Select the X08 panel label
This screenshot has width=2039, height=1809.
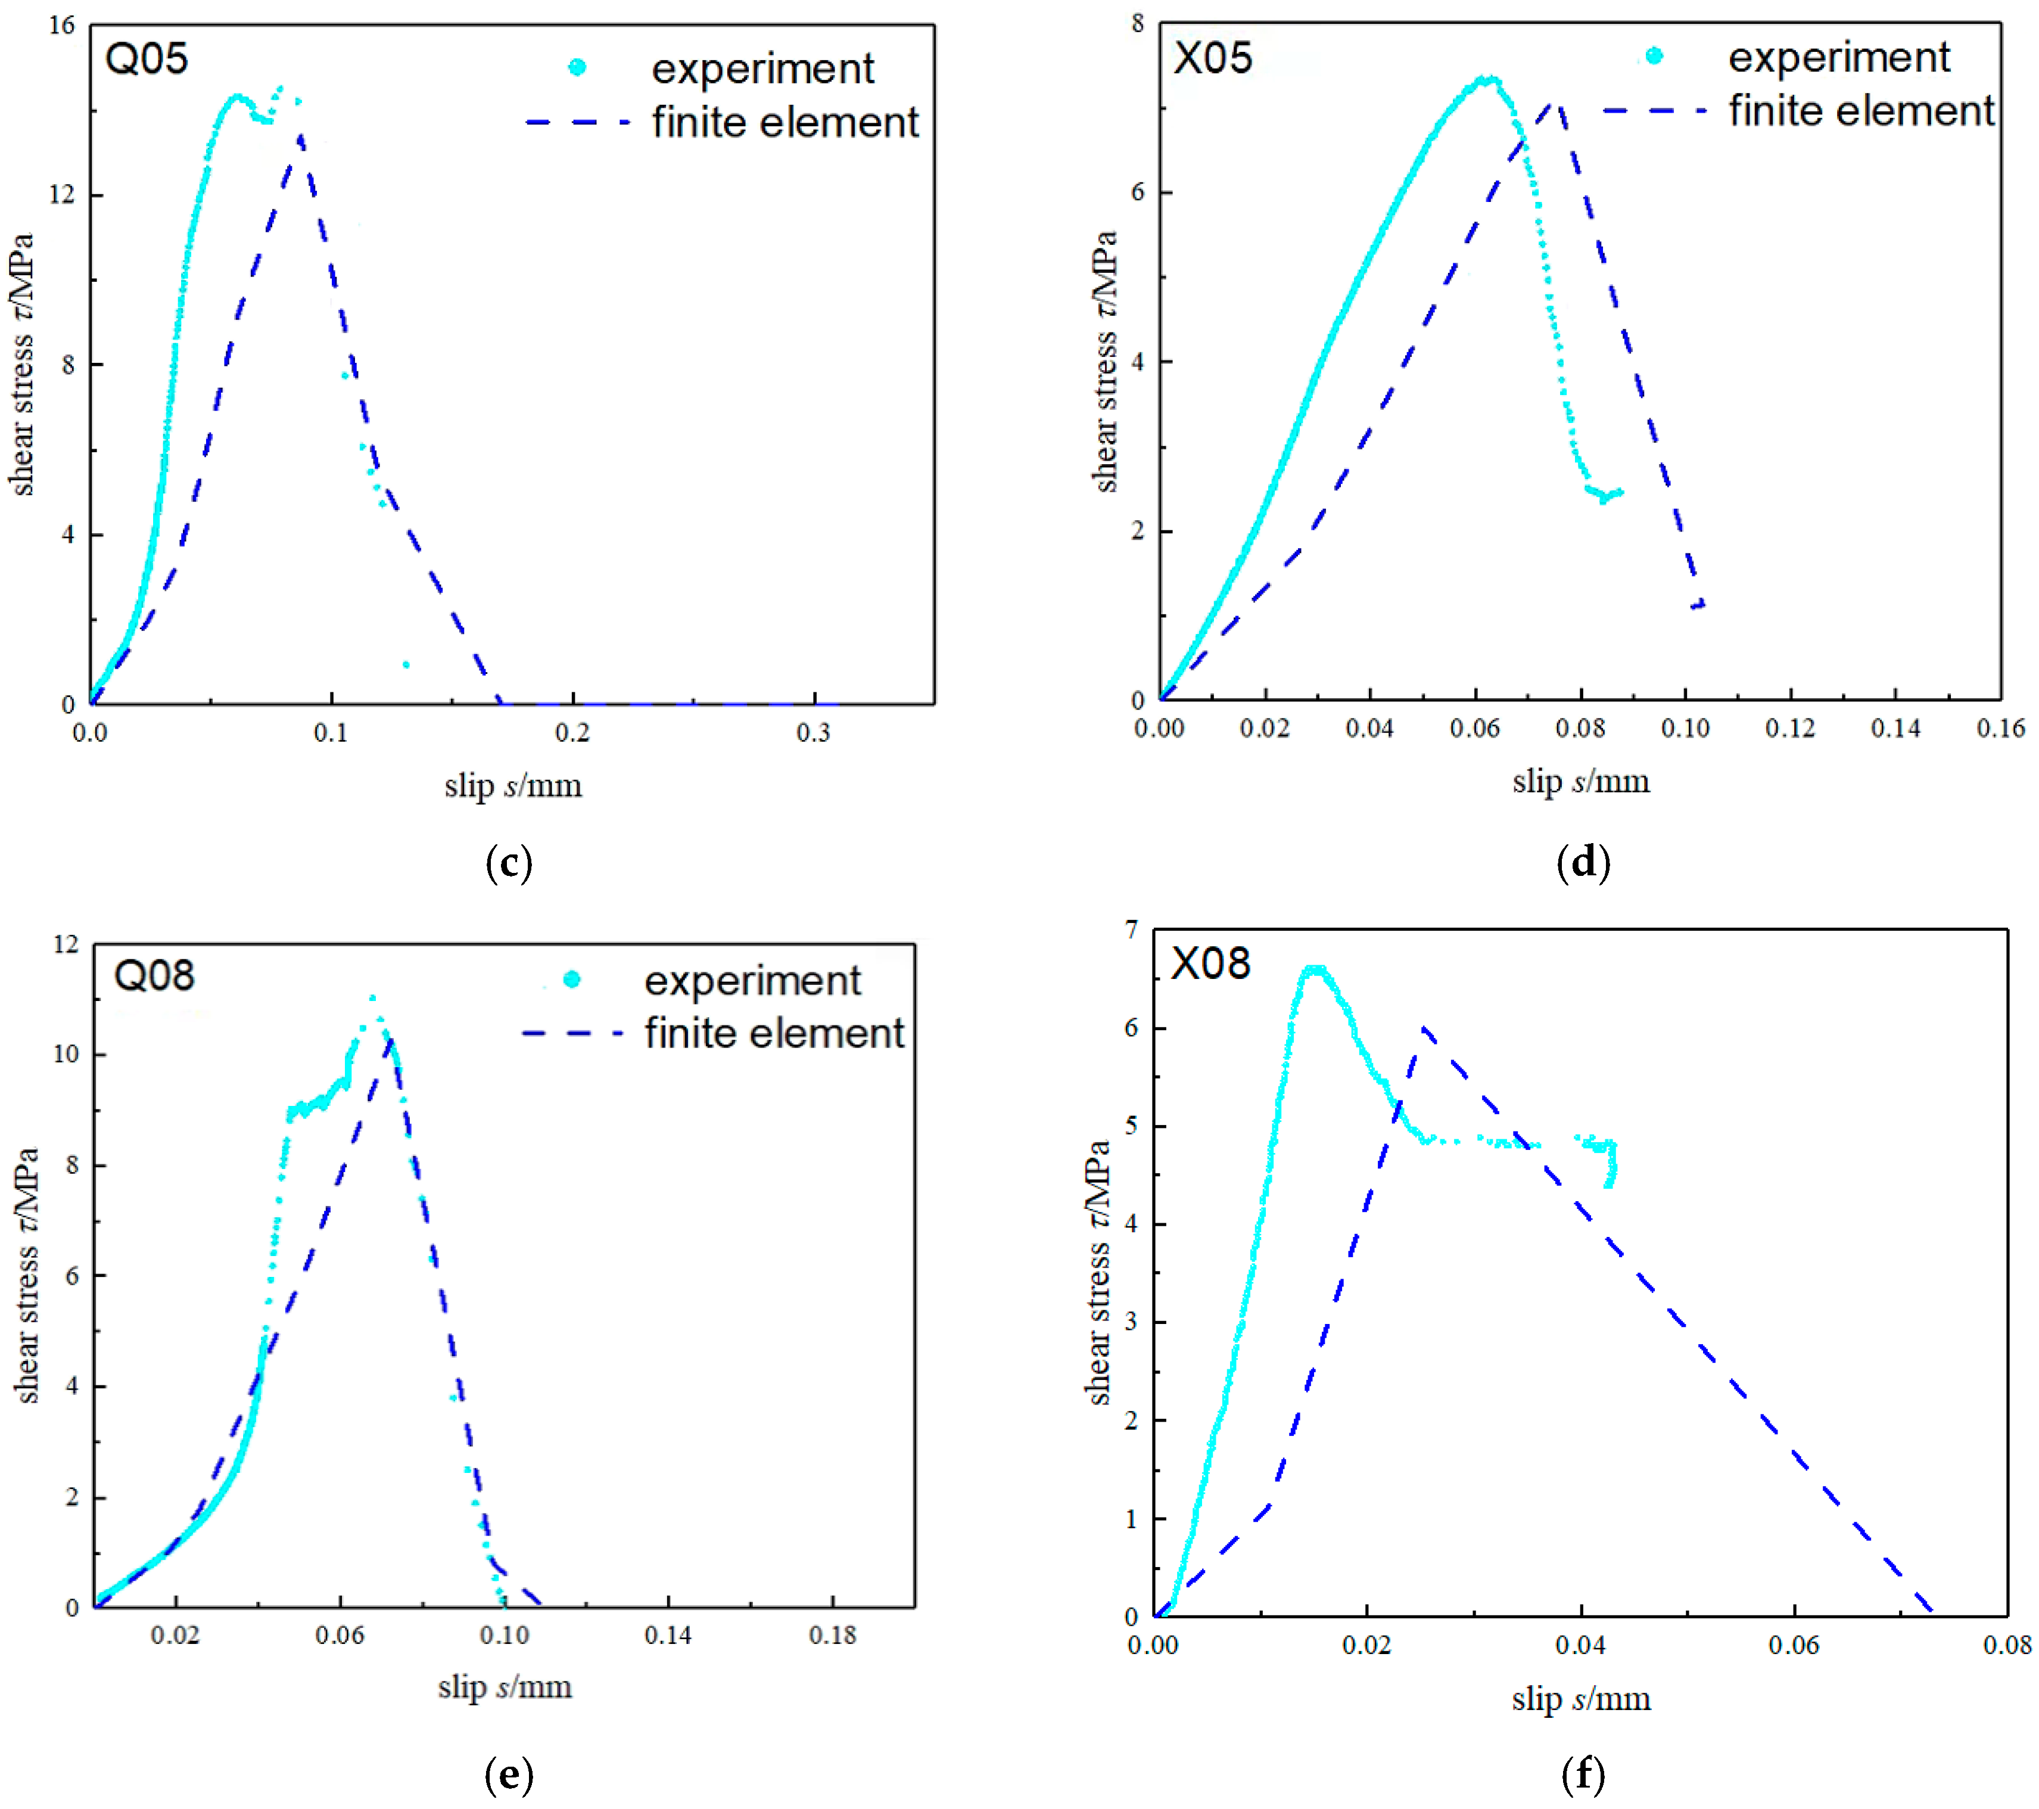click(x=1210, y=964)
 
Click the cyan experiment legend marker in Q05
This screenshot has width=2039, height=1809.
click(x=577, y=68)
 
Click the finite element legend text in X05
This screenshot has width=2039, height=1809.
click(x=1861, y=111)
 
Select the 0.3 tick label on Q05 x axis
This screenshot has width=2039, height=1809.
click(x=813, y=733)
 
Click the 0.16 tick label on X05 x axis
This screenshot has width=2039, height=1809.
click(x=2000, y=728)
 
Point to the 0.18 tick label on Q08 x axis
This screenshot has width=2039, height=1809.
click(x=832, y=1636)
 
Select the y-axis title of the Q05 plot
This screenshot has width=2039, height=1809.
click(x=22, y=364)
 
